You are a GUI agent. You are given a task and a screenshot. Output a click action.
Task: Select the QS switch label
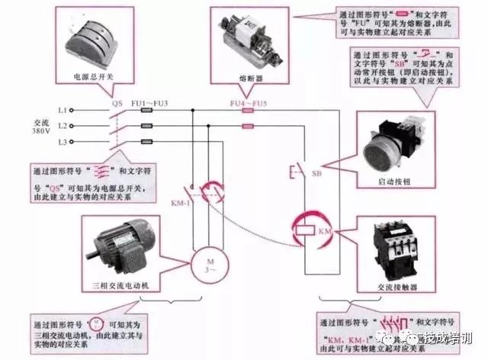(117, 101)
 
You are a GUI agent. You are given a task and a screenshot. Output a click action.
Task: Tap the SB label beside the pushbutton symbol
(316, 174)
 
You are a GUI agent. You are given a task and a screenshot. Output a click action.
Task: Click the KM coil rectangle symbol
(303, 228)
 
